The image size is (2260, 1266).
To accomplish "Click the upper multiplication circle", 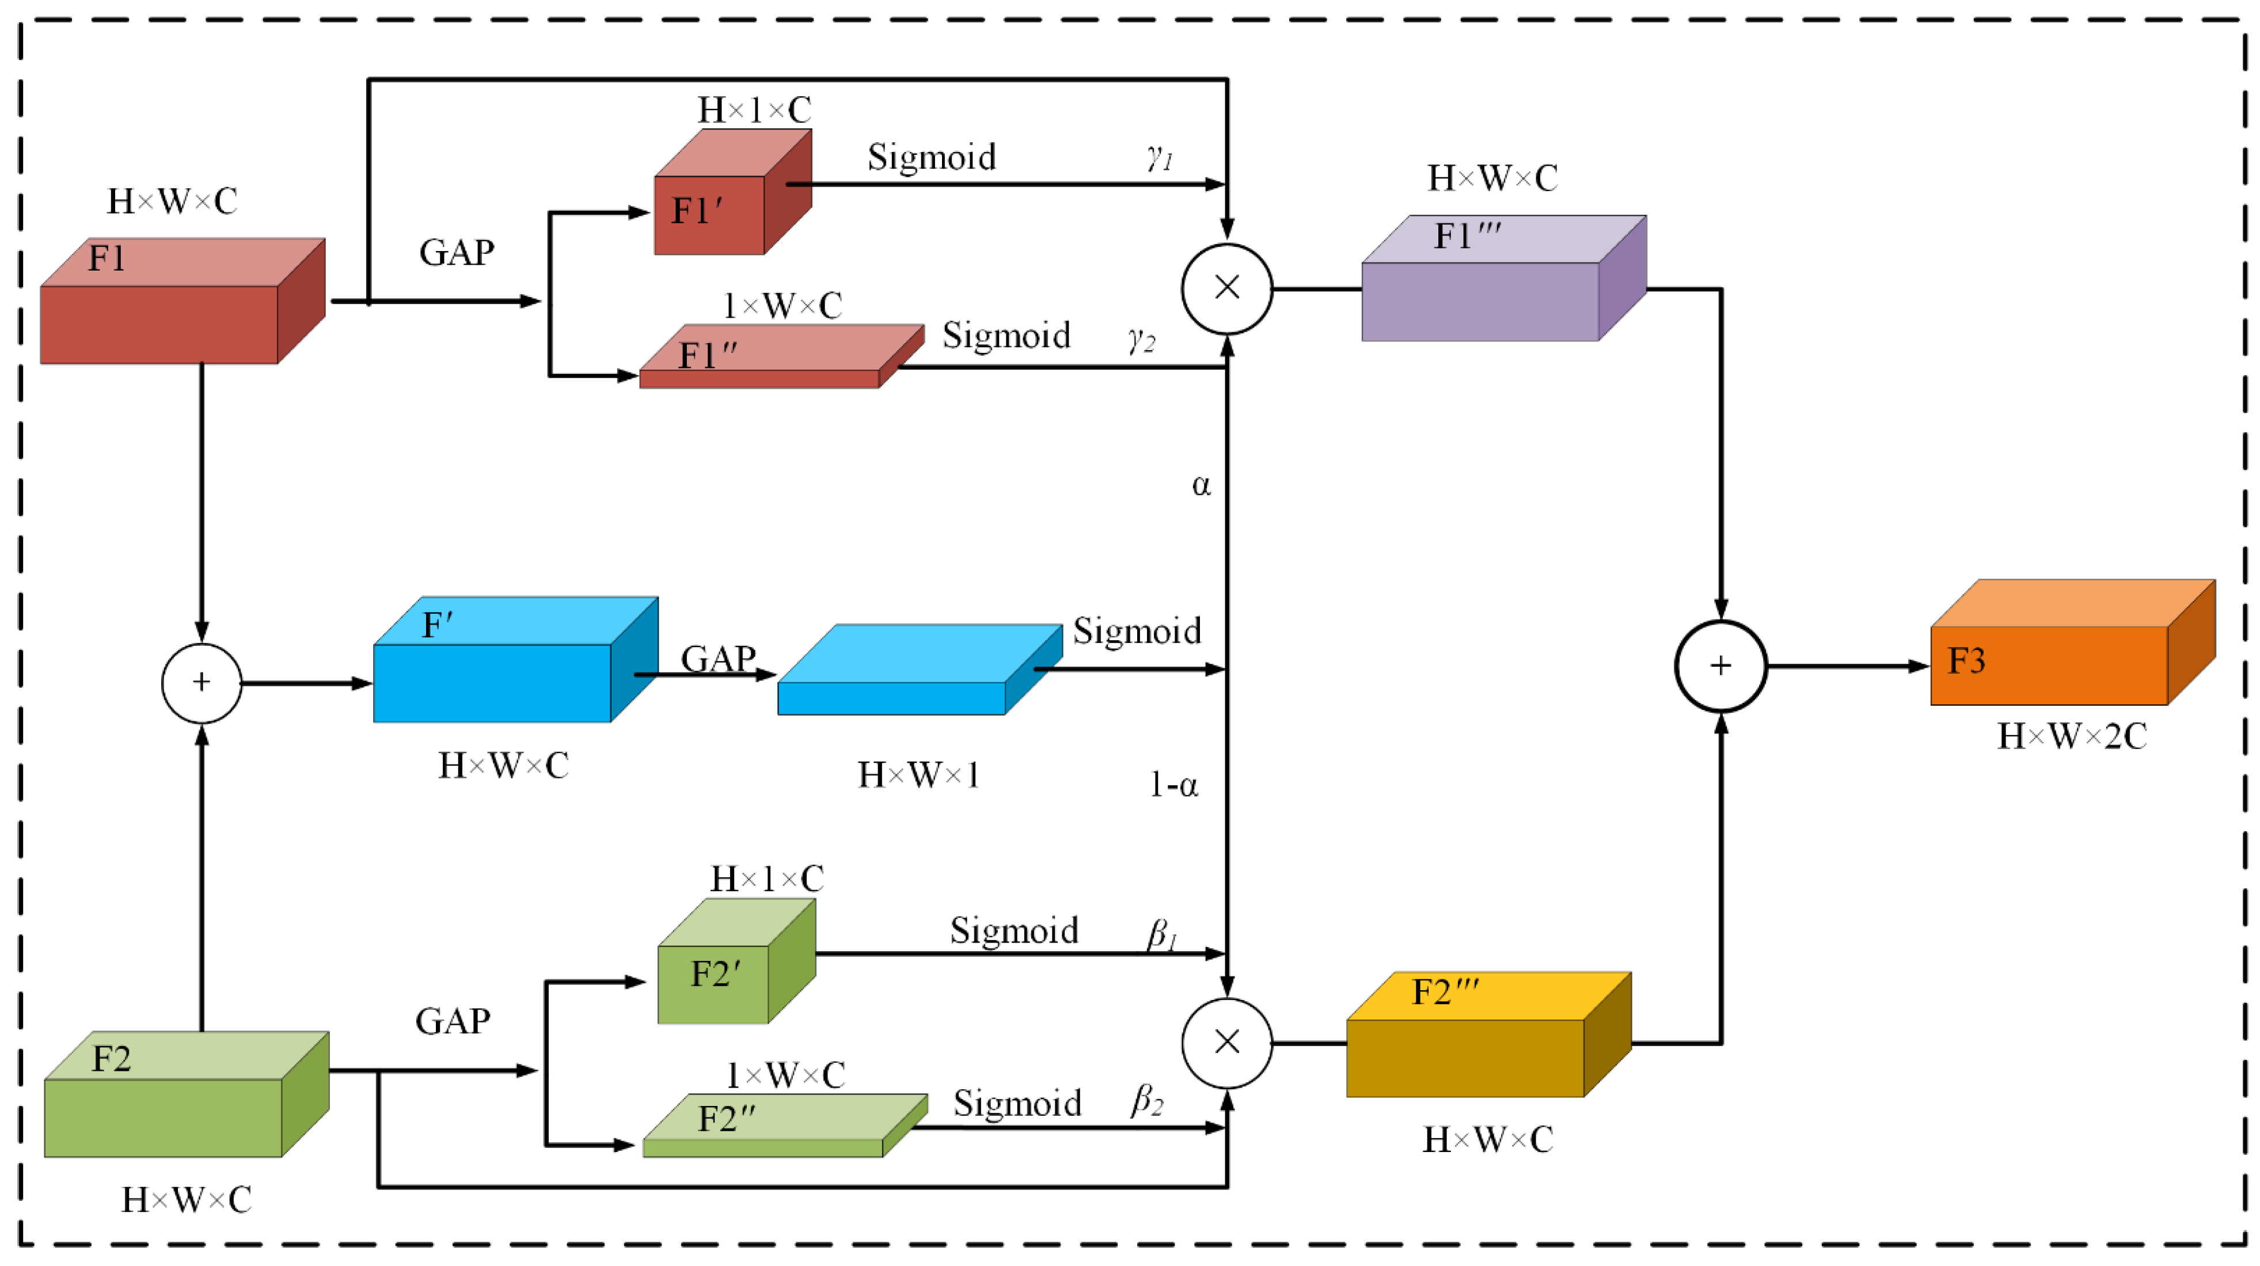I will point(1226,288).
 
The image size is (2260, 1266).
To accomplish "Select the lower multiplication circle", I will point(1226,1042).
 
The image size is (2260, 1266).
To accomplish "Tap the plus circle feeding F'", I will point(202,683).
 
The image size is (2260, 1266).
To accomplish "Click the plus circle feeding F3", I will point(1720,666).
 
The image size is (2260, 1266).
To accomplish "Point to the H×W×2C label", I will point(2071,736).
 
